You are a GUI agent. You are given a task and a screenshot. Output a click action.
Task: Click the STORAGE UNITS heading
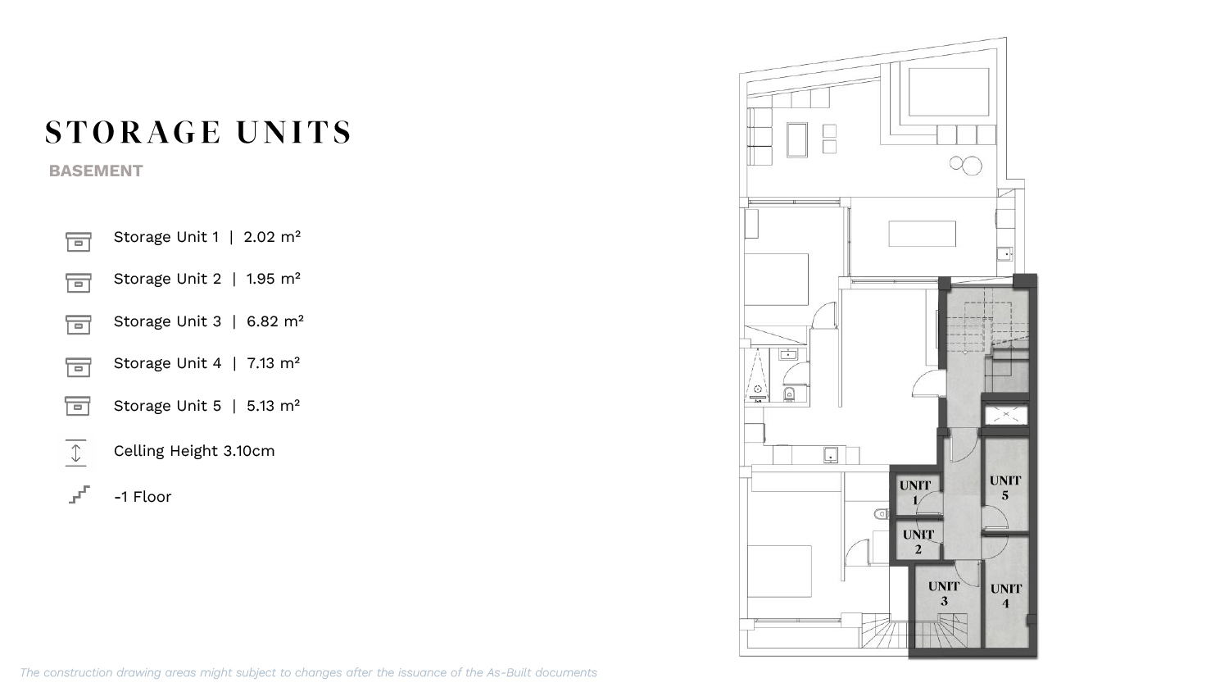198,132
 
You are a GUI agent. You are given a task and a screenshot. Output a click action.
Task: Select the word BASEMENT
96,171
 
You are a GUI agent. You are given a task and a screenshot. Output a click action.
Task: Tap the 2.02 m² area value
272,237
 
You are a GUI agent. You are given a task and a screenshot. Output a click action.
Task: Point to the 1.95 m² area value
273,279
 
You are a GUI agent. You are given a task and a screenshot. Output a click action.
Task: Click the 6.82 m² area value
274,321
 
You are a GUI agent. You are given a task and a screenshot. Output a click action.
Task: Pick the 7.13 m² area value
273,363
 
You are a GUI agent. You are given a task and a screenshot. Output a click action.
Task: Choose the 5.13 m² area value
273,405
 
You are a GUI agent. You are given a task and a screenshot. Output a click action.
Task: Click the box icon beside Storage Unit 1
79,242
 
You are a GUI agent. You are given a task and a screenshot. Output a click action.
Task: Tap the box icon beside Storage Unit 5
78,406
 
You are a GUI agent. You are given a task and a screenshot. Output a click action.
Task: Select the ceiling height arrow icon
75,453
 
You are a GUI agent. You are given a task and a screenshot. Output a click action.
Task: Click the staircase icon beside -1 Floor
79,494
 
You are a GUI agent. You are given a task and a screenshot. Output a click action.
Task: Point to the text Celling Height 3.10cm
194,451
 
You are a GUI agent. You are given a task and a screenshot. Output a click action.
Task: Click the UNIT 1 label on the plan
915,493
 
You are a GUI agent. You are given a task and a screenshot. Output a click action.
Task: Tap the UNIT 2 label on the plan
918,541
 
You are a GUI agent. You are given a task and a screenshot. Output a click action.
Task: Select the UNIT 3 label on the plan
944,594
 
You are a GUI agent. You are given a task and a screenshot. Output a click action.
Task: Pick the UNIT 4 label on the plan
1005,596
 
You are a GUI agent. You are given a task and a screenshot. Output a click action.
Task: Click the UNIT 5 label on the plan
1005,488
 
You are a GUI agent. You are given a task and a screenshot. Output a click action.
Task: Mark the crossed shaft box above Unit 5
1005,415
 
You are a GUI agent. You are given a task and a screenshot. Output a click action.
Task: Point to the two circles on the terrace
966,165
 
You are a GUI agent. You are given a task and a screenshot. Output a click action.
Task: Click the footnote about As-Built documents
308,672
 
